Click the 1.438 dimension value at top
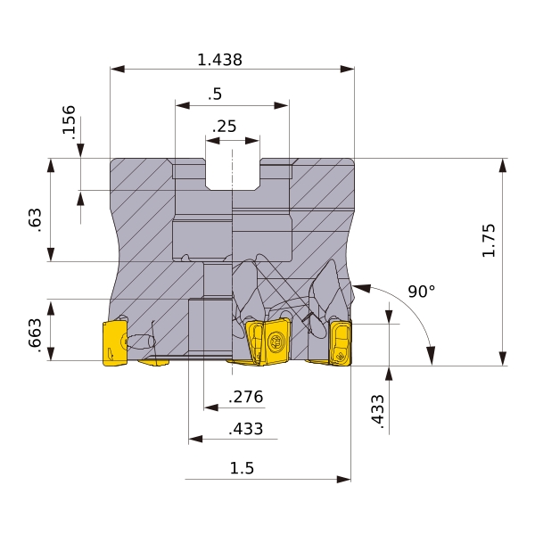tap(219, 60)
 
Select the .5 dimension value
tap(215, 94)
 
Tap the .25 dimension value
tap(224, 127)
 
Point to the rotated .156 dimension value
tap(69, 122)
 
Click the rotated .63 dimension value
tap(35, 220)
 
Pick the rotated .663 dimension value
tap(35, 336)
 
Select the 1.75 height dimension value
tap(489, 240)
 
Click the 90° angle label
tap(422, 292)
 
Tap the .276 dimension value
tap(246, 397)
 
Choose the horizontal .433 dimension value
tap(246, 429)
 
